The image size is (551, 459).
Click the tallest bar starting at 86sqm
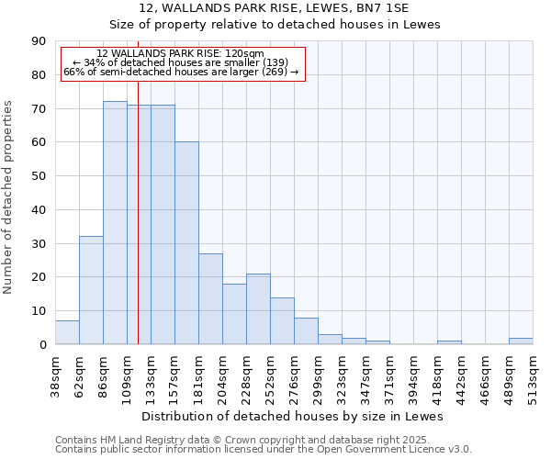coord(115,223)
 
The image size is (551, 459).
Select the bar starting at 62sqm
coord(91,290)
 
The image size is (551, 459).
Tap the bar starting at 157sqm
coord(186,243)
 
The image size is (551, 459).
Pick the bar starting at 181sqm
coord(210,298)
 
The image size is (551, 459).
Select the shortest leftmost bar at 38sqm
coord(67,332)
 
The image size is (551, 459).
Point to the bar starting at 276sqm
coord(306,331)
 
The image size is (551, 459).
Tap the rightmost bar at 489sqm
coord(521,341)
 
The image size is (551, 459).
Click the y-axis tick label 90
coord(39,41)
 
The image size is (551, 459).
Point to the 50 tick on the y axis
coord(39,176)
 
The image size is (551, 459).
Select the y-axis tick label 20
coord(39,277)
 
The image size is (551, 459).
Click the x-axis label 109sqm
coord(127,375)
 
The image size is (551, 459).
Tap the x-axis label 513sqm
coord(533,375)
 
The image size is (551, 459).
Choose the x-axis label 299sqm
coord(318,375)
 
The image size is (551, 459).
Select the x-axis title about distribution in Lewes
coord(293,416)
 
